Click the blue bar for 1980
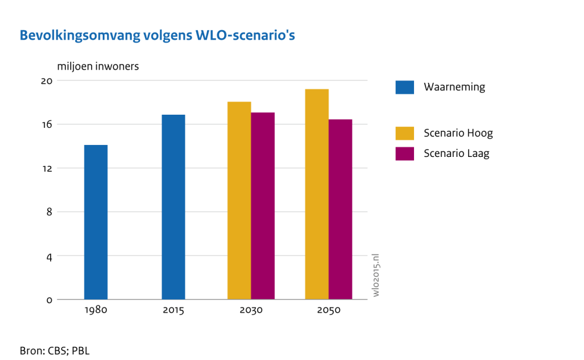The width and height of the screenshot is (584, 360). pyautogui.click(x=96, y=222)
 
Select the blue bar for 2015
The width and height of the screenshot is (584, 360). pyautogui.click(x=173, y=207)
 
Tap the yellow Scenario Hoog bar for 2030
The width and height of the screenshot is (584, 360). pyautogui.click(x=239, y=200)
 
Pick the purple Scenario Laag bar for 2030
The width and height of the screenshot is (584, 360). pyautogui.click(x=263, y=205)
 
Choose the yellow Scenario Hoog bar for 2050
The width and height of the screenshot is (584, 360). pyautogui.click(x=317, y=194)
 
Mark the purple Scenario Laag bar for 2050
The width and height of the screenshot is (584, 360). pyautogui.click(x=340, y=209)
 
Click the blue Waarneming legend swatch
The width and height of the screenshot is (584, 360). pyautogui.click(x=404, y=87)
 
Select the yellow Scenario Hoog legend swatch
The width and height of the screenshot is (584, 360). pyautogui.click(x=404, y=133)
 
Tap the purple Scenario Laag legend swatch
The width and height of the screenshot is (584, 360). pyautogui.click(x=404, y=153)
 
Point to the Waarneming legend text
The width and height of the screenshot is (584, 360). pyautogui.click(x=454, y=87)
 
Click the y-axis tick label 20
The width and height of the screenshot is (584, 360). pyautogui.click(x=47, y=80)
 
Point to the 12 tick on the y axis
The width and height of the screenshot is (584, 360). pyautogui.click(x=47, y=168)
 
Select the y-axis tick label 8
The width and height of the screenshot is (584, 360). pyautogui.click(x=49, y=212)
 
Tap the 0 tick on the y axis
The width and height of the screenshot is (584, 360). pyautogui.click(x=49, y=300)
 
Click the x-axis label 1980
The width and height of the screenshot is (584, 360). pyautogui.click(x=96, y=311)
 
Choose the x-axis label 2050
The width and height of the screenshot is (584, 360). pyautogui.click(x=328, y=311)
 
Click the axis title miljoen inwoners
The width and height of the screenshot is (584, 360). pyautogui.click(x=98, y=66)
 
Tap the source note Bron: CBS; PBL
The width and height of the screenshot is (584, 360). pyautogui.click(x=55, y=350)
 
